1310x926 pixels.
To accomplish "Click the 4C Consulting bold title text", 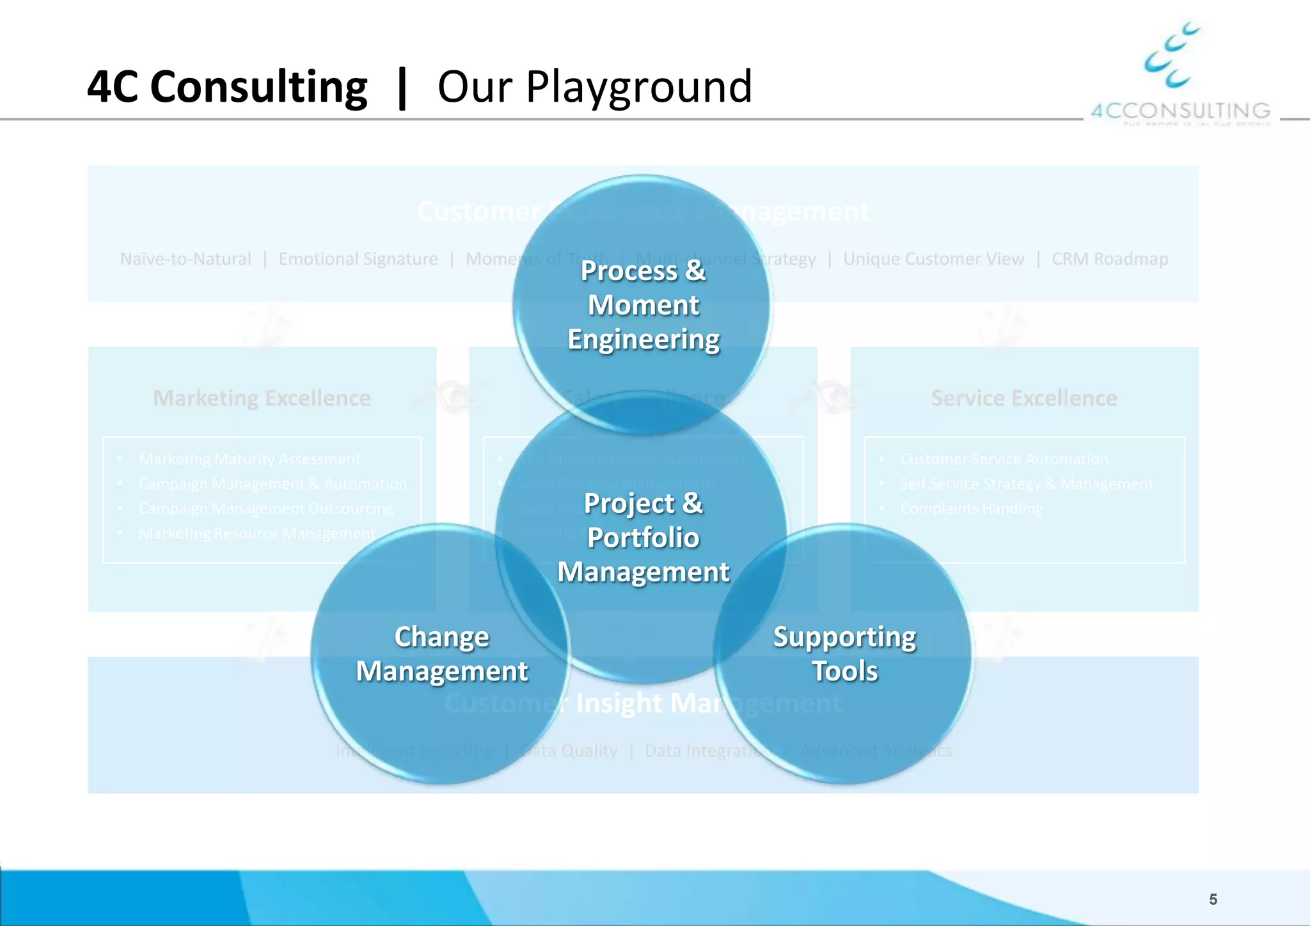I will (x=227, y=87).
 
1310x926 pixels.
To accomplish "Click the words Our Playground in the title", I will (x=595, y=87).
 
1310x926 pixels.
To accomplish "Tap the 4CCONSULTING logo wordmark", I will (x=1181, y=111).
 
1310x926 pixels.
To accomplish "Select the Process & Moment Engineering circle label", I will (x=643, y=305).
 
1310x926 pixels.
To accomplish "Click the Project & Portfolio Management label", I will (x=643, y=537).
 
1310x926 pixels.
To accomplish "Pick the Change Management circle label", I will (x=441, y=654).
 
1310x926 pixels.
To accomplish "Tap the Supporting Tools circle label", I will (x=844, y=654).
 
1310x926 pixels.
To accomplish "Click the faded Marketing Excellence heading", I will (x=262, y=398).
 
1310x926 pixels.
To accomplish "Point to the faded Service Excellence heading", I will (x=1023, y=398).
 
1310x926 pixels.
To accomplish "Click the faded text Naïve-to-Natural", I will (x=185, y=259).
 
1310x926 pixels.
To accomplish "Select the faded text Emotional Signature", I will (x=358, y=259).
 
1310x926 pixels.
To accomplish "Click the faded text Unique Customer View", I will (x=933, y=259).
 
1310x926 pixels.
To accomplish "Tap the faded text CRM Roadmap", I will (x=1110, y=259).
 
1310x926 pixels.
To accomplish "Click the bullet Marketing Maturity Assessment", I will (x=249, y=459).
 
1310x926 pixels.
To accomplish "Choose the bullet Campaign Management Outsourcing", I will (x=265, y=508).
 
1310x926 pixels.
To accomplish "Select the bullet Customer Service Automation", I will (x=1004, y=459).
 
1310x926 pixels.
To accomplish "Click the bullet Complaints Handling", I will (x=971, y=508).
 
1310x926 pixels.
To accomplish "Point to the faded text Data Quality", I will (x=569, y=751).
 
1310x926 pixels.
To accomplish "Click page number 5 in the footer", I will (x=1213, y=899).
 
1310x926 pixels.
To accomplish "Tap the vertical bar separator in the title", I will (x=402, y=88).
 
